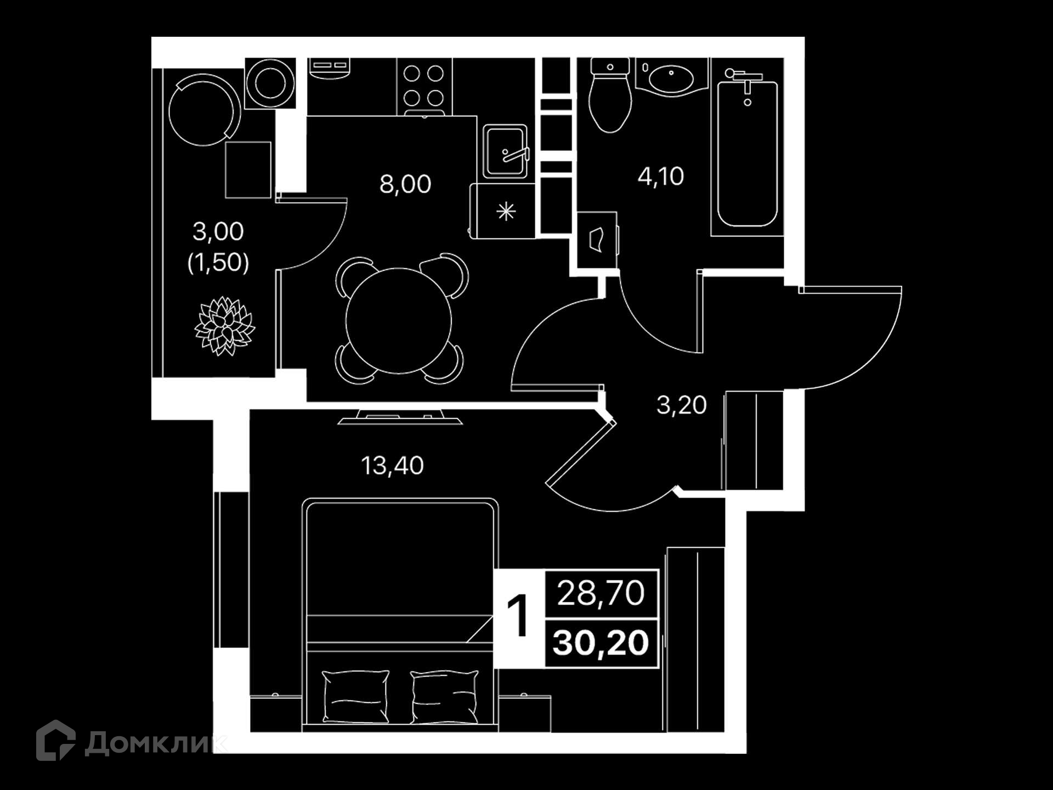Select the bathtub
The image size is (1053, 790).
coord(747,148)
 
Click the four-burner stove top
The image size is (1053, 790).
coord(424,86)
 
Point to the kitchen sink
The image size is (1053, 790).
coord(506,151)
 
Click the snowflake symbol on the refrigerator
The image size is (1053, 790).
coord(506,211)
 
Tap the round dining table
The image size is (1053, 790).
coord(399,320)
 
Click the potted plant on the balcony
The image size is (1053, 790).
coord(224,326)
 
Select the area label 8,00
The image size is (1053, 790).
coord(405,184)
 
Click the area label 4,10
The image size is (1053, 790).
coord(661,177)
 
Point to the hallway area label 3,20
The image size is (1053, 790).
coord(682,405)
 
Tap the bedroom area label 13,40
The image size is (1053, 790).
coord(392,466)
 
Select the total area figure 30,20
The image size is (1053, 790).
coord(601,643)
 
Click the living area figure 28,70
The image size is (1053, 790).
coord(601,594)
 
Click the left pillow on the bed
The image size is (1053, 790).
coord(355,696)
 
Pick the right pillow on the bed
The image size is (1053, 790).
coord(444,697)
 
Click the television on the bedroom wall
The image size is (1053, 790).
coord(400,417)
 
